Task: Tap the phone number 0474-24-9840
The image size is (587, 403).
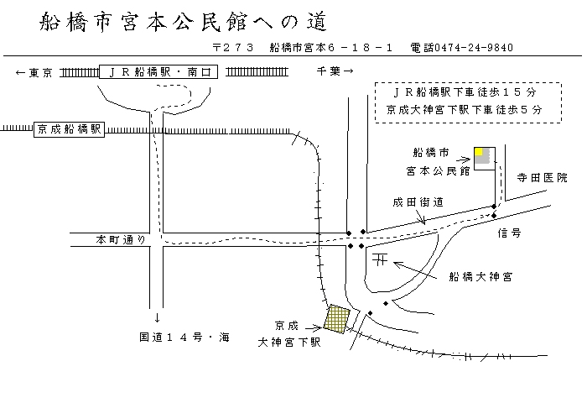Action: tap(461, 48)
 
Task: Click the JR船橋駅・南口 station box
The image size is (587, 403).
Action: tap(158, 72)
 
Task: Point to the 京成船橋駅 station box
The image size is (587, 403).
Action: tap(69, 129)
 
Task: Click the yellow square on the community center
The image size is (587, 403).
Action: tap(481, 152)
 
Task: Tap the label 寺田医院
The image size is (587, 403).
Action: tap(542, 178)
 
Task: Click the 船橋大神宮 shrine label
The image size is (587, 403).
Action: tap(481, 275)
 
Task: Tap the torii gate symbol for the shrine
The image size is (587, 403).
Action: tap(380, 260)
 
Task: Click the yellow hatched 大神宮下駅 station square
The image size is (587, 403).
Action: tap(337, 319)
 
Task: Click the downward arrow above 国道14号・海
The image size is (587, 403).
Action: tap(158, 318)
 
